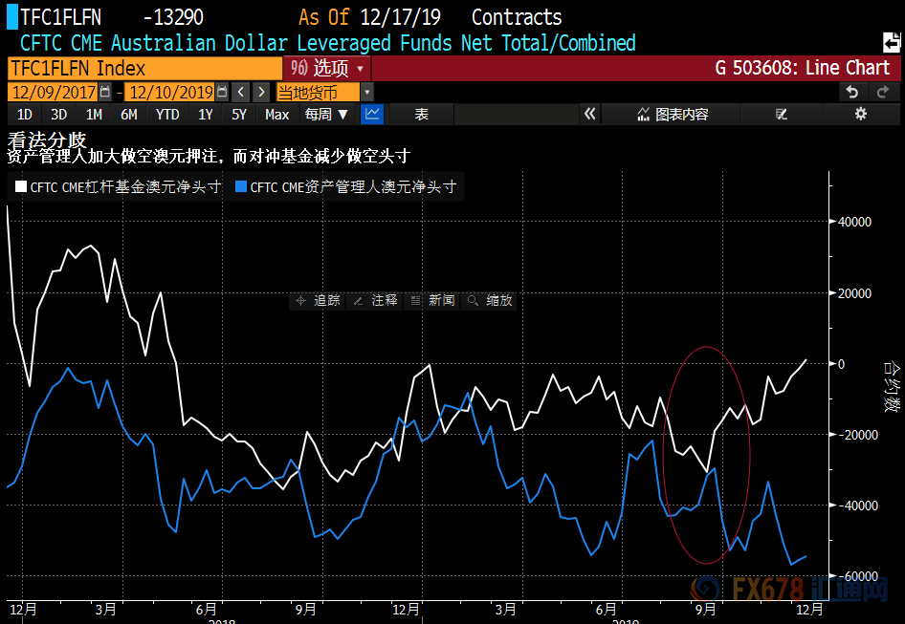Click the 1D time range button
click(x=25, y=115)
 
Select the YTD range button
click(x=167, y=115)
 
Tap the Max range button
click(x=276, y=115)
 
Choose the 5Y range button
click(x=239, y=115)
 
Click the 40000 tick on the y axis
click(x=854, y=222)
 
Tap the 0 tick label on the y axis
click(x=843, y=364)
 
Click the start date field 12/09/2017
click(x=53, y=93)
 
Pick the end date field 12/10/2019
click(x=170, y=93)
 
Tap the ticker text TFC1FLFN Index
click(x=77, y=68)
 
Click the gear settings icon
click(x=860, y=115)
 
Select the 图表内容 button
click(x=673, y=115)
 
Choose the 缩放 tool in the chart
click(x=491, y=300)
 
